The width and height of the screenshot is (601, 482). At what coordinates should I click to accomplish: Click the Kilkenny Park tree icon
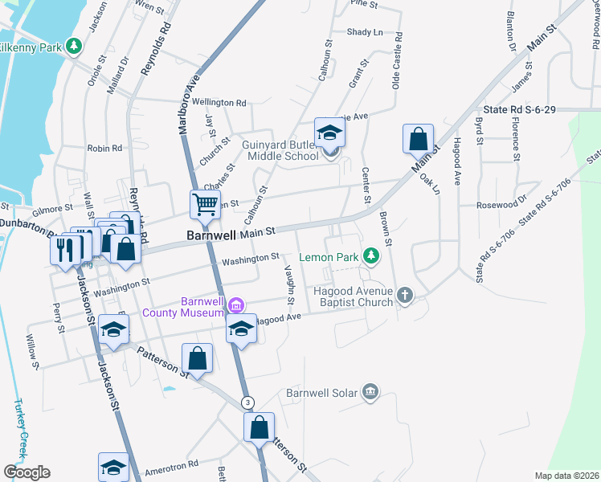pyautogui.click(x=74, y=46)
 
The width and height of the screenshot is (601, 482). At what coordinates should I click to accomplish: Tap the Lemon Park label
pyautogui.click(x=329, y=257)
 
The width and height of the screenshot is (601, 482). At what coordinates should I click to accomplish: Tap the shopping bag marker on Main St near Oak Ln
pyautogui.click(x=418, y=139)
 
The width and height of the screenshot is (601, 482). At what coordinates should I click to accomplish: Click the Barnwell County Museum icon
pyautogui.click(x=236, y=304)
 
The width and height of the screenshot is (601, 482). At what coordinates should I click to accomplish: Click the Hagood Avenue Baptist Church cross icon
pyautogui.click(x=404, y=296)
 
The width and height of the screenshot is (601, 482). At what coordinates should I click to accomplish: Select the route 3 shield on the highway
pyautogui.click(x=248, y=402)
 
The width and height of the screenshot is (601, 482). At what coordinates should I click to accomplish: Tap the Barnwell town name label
pyautogui.click(x=211, y=235)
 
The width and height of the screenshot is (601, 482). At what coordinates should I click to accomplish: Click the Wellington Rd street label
pyautogui.click(x=219, y=103)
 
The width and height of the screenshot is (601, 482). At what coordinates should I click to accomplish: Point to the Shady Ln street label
pyautogui.click(x=365, y=32)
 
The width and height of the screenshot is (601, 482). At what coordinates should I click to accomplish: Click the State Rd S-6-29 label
pyautogui.click(x=519, y=109)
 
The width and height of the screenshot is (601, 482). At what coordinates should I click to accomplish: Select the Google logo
pyautogui.click(x=27, y=472)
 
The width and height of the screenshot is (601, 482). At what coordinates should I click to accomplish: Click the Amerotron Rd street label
pyautogui.click(x=170, y=464)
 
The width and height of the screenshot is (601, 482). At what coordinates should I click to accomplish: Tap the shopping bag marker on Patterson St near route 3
pyautogui.click(x=259, y=427)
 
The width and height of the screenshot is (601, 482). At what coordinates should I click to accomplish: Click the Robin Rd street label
pyautogui.click(x=104, y=148)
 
